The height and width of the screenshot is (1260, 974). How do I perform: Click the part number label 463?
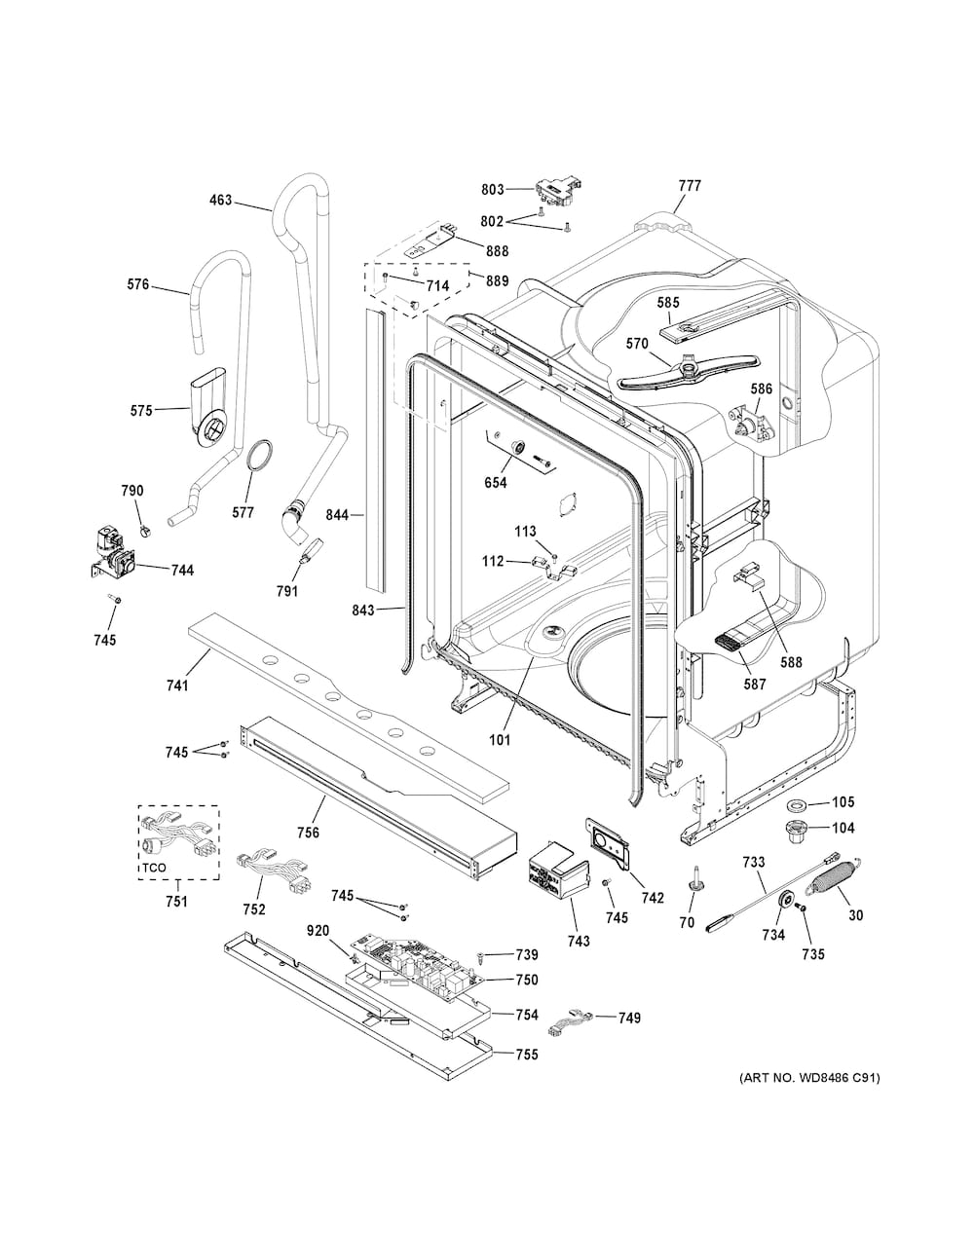220,201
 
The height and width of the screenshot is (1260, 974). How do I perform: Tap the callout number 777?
690,186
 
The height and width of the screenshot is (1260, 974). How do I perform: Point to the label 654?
495,482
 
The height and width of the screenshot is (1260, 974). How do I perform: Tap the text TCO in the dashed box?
154,868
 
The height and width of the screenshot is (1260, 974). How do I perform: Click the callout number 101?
500,740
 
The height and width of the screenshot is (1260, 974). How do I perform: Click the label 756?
308,833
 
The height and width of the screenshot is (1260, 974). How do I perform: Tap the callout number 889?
498,280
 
